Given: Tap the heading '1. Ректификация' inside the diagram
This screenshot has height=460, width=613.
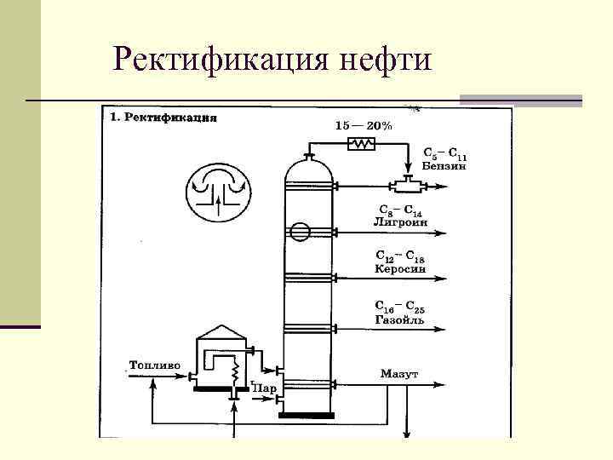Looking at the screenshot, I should (163, 118).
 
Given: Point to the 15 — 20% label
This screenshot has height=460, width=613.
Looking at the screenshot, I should (364, 125).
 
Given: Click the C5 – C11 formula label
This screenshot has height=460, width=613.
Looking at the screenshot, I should (445, 154).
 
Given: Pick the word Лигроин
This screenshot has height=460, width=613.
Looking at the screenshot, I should (400, 221).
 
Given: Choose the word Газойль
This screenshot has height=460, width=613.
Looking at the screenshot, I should (399, 319).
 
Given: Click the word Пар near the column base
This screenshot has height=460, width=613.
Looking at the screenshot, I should (263, 388).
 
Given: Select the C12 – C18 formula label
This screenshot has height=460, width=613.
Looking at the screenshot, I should (400, 256).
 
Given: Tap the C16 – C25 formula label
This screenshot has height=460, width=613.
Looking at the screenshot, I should (400, 307).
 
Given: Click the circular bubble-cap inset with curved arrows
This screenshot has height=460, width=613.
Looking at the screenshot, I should (220, 192).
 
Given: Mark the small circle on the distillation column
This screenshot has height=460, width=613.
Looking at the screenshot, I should (299, 231).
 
